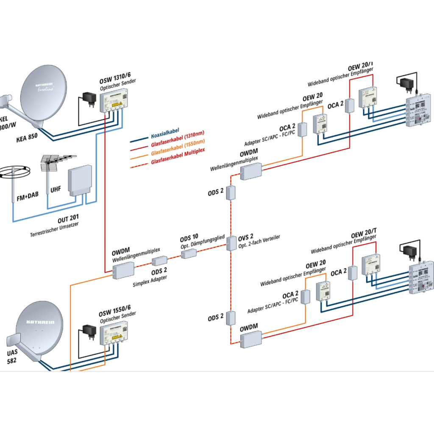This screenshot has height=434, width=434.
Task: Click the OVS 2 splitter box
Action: pos(231,243)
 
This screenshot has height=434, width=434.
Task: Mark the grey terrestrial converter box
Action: pos(80,181)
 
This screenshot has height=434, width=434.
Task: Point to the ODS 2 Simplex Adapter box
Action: pos(159,261)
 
